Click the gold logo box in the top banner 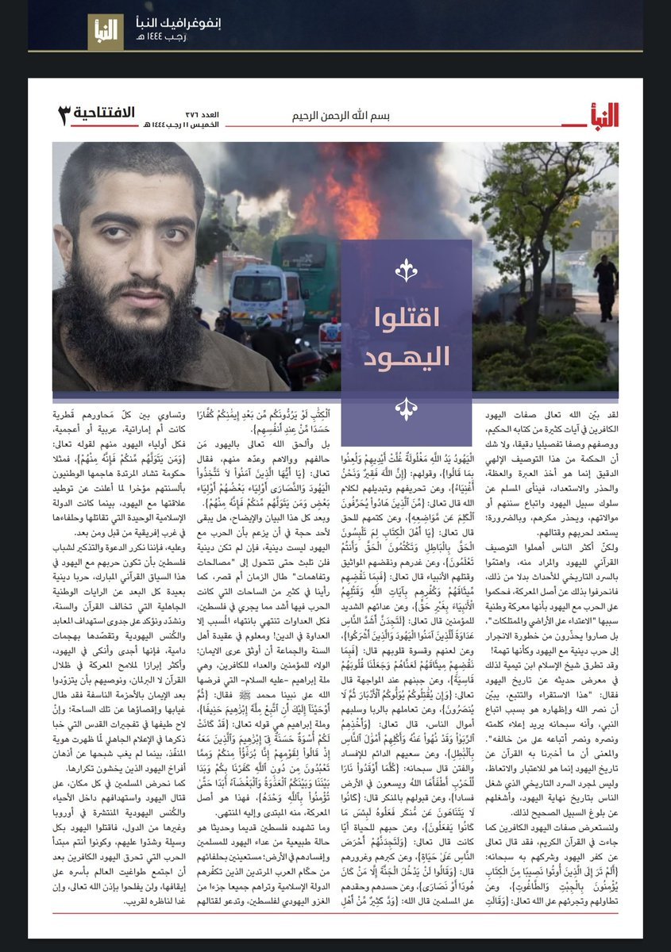pos(106,32)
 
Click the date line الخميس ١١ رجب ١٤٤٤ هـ pos(171,125)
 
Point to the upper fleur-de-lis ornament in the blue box pos(406,271)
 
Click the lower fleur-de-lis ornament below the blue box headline pos(406,408)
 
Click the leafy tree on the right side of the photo pos(548,198)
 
